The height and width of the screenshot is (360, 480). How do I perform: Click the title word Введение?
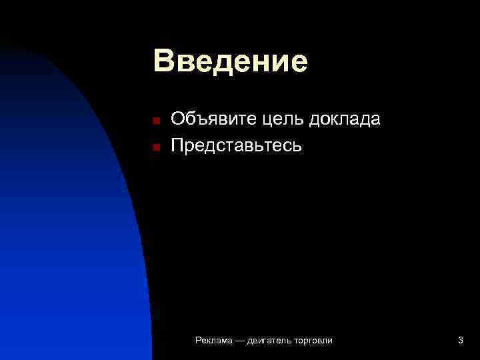pos(230,61)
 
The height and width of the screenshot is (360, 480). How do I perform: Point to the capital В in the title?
pos(163,61)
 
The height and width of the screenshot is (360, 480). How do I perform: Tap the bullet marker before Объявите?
pos(155,121)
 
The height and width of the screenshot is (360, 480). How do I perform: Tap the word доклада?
pos(344,121)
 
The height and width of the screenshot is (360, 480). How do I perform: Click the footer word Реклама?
pos(214,341)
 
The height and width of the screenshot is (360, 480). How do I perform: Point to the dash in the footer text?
pos(240,341)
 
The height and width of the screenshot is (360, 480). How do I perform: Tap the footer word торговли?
pos(313,341)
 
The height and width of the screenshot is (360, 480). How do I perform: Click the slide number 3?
pos(461,341)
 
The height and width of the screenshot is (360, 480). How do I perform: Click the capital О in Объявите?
pos(179,120)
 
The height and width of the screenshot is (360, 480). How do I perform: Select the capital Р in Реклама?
pos(198,341)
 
